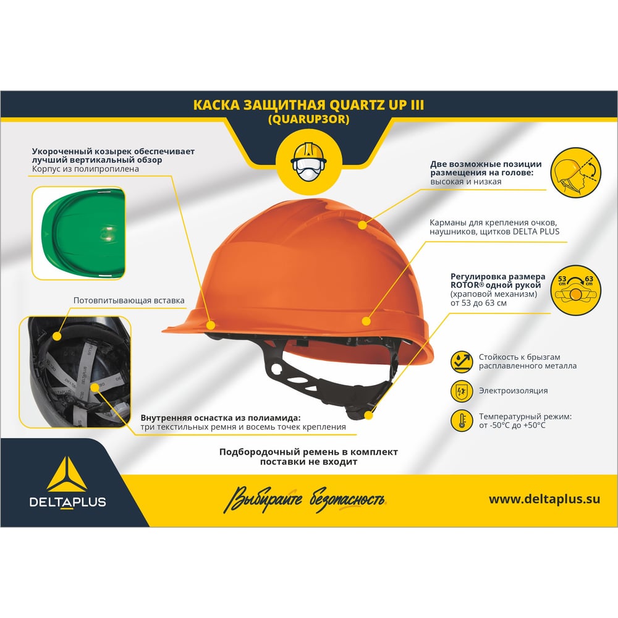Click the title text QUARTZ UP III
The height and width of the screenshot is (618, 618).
376,105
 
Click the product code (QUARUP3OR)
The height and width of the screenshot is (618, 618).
308,119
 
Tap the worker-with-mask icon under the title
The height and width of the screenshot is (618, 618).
308,161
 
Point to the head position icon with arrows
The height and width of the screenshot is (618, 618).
575,172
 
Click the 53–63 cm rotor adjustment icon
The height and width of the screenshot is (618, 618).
575,290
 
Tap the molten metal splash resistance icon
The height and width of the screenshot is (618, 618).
462,362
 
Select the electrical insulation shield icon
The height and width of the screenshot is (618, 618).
462,391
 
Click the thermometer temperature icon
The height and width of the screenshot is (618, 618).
462,420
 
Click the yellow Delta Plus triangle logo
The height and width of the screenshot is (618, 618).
67,475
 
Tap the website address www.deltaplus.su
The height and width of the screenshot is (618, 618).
544,499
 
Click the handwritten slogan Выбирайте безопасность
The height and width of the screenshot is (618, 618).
305,500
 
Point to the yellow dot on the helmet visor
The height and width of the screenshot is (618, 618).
211,325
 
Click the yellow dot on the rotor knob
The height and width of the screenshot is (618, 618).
369,415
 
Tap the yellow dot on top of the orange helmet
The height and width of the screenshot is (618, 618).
362,225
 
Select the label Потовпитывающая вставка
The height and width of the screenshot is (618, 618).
129,300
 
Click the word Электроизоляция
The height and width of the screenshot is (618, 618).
513,391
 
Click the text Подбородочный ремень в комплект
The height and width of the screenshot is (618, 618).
308,452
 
